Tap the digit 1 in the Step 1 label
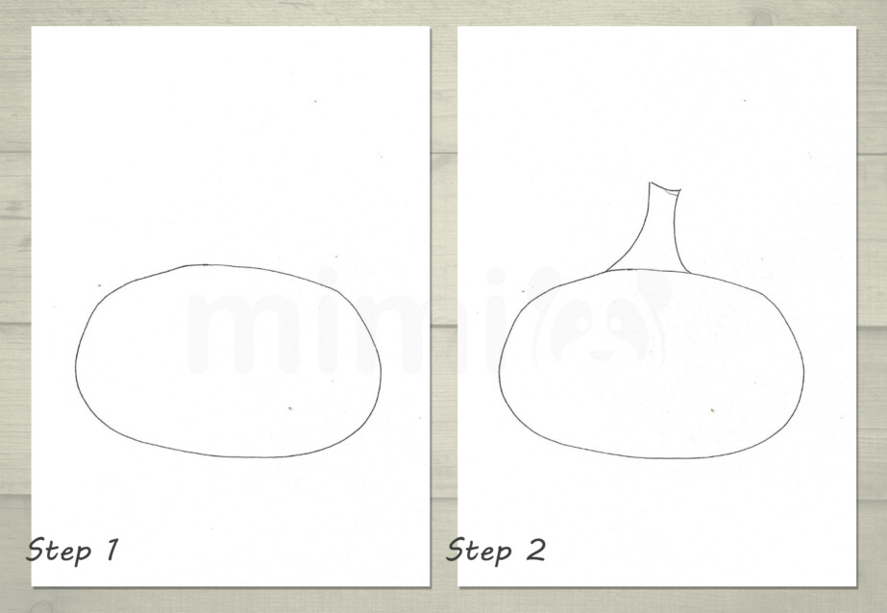(x=111, y=551)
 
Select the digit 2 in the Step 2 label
(x=535, y=551)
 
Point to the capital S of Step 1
(x=37, y=551)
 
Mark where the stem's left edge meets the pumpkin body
(x=609, y=272)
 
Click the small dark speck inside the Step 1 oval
(x=290, y=409)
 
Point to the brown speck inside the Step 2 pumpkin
(x=712, y=410)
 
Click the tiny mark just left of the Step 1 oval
(x=99, y=285)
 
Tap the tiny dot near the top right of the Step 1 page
(x=316, y=102)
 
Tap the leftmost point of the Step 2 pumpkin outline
(x=498, y=365)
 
